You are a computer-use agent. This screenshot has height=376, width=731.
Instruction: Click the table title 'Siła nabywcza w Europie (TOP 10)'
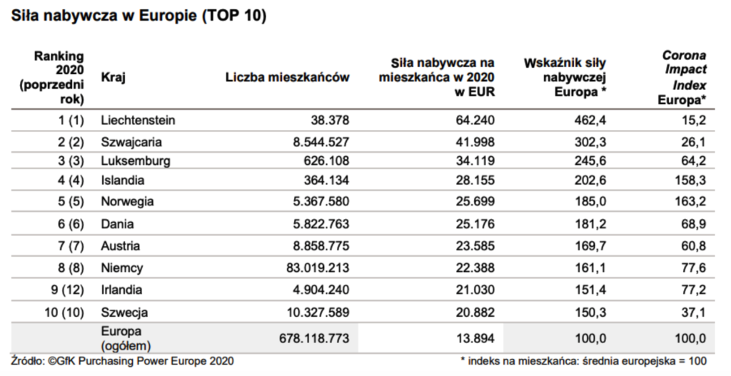pyautogui.click(x=139, y=16)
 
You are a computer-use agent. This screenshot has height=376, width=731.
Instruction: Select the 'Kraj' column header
pyautogui.click(x=113, y=77)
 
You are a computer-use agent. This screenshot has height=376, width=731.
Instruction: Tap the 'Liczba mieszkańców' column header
pyautogui.click(x=287, y=77)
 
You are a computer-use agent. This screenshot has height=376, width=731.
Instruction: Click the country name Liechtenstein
pyautogui.click(x=138, y=120)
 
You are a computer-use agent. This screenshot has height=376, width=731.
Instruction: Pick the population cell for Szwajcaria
pyautogui.click(x=321, y=142)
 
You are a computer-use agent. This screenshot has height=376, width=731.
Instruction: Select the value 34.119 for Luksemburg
pyautogui.click(x=475, y=161)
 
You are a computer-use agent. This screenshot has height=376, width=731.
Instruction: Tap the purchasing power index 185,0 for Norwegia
pyautogui.click(x=590, y=202)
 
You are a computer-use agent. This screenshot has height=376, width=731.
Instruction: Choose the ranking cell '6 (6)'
pyautogui.click(x=71, y=224)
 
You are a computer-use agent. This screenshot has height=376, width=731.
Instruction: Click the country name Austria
pyautogui.click(x=120, y=245)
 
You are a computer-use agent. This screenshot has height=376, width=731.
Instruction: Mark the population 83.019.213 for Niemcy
pyautogui.click(x=318, y=268)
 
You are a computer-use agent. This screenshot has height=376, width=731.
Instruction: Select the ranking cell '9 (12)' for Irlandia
pyautogui.click(x=67, y=290)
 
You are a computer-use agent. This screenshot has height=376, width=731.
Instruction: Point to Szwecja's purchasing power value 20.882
pyautogui.click(x=475, y=313)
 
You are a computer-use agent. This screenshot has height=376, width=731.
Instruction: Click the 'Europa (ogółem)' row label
pyautogui.click(x=126, y=339)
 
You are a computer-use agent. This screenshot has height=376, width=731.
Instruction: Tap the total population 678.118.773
pyautogui.click(x=314, y=338)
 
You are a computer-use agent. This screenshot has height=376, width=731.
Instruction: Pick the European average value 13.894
pyautogui.click(x=475, y=338)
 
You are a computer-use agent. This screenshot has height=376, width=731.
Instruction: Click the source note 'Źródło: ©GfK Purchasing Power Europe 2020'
pyautogui.click(x=122, y=361)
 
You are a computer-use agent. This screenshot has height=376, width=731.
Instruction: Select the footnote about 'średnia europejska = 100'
pyautogui.click(x=583, y=361)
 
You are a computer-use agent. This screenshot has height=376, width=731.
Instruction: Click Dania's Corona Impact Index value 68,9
pyautogui.click(x=694, y=224)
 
